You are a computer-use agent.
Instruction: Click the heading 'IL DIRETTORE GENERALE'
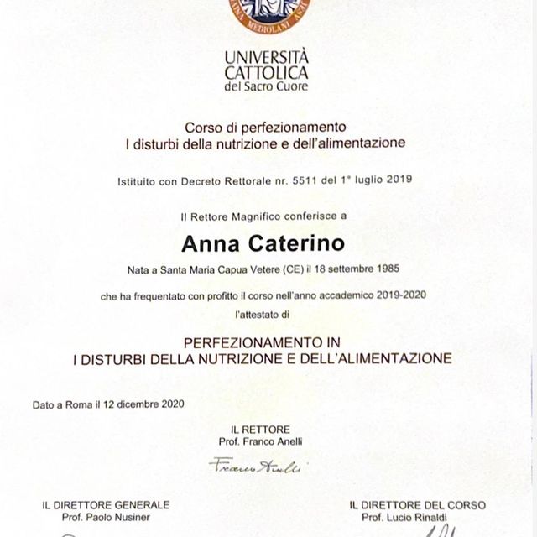coord(106,504)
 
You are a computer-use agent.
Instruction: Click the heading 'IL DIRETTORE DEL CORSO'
coord(416,504)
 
